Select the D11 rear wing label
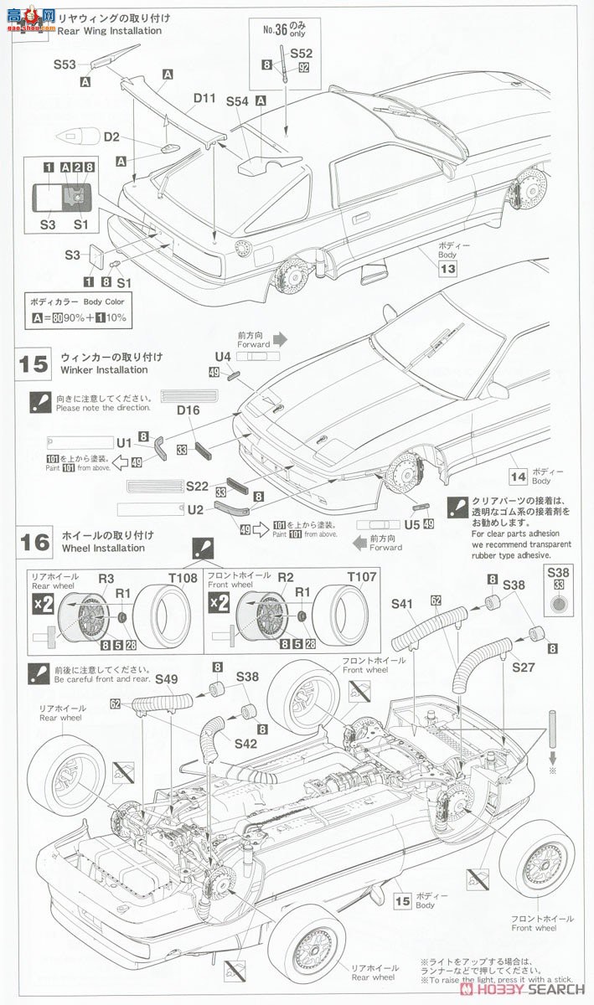[x=205, y=99]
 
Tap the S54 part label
[x=237, y=100]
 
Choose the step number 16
[x=34, y=541]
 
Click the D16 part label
[x=189, y=410]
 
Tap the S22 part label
[x=197, y=486]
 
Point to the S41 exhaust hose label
[x=402, y=602]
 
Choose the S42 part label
[x=245, y=742]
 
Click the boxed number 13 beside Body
[x=447, y=269]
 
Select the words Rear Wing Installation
[x=111, y=31]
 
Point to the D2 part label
[x=112, y=136]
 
